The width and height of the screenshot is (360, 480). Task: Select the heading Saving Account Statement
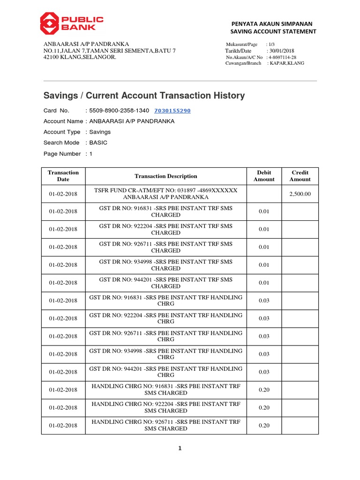click(273, 31)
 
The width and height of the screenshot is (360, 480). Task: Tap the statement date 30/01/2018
click(281, 51)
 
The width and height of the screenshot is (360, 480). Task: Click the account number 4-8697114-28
click(282, 57)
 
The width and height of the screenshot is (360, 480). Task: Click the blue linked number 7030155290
click(172, 111)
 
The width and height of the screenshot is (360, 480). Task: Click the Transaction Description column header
click(166, 176)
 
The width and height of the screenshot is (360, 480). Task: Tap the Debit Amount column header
click(264, 176)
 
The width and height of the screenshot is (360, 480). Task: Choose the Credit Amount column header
click(300, 176)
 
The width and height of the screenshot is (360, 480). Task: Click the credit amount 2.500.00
click(300, 194)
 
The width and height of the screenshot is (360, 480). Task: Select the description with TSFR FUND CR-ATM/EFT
click(166, 194)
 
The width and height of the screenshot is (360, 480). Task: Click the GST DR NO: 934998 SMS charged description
click(166, 265)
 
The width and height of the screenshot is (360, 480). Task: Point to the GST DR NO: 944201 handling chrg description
click(166, 372)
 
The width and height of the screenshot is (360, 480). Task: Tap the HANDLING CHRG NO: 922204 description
click(166, 407)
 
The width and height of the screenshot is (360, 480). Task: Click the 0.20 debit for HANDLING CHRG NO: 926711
click(264, 425)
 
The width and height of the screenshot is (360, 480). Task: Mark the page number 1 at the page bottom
click(180, 449)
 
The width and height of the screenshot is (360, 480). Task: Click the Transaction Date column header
click(63, 176)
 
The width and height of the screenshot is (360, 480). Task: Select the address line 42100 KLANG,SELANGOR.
click(80, 57)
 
